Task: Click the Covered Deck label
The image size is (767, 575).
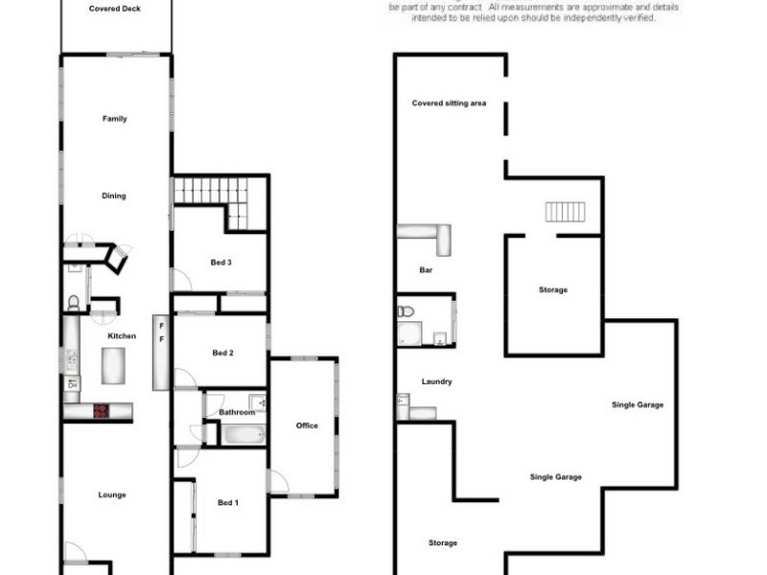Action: [115, 8]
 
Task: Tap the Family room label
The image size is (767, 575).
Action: [115, 119]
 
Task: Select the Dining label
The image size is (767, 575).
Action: [114, 195]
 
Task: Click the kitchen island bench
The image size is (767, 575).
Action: [113, 364]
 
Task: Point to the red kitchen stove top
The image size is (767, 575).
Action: [100, 411]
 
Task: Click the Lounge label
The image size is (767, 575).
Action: [112, 494]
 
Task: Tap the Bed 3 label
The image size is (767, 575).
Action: [221, 263]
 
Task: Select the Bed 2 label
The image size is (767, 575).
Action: [222, 353]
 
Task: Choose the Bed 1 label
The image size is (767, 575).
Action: [227, 502]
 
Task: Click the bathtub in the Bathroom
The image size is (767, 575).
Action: [244, 434]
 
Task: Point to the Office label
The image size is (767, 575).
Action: [307, 425]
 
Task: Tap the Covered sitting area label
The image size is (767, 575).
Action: [449, 103]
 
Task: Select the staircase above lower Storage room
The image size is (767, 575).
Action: [565, 211]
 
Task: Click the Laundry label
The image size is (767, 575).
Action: [436, 381]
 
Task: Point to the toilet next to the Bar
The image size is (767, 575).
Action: [407, 311]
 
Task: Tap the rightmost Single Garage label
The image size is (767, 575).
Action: [638, 404]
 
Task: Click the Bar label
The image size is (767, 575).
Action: [427, 270]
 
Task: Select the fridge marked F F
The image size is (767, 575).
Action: [161, 352]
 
